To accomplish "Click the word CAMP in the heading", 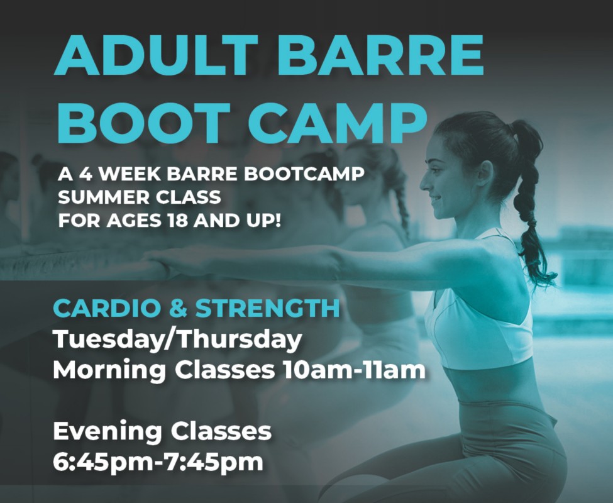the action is (338, 123).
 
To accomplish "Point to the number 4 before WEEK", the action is (86, 174).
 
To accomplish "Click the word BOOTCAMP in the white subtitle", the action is (304, 174).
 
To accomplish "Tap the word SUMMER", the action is (104, 197).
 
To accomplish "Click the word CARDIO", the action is (107, 308).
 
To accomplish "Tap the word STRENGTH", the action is (267, 308).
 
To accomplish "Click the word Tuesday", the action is (108, 340).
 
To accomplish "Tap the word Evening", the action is (108, 431).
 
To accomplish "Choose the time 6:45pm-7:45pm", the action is (158, 462).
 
